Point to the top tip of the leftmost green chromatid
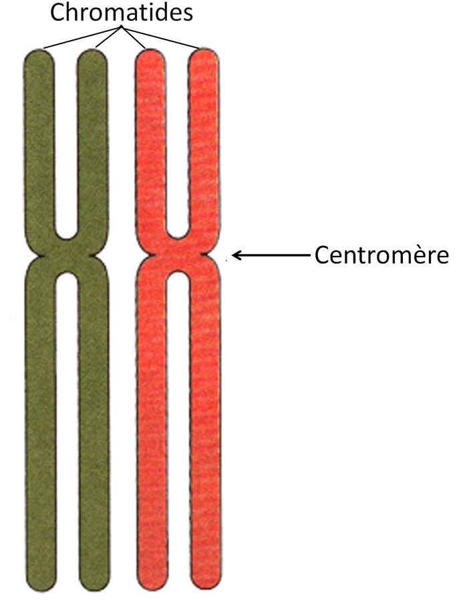pyautogui.click(x=38, y=53)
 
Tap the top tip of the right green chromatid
pyautogui.click(x=92, y=53)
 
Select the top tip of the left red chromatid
pyautogui.click(x=150, y=53)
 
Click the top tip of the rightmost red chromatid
pyautogui.click(x=204, y=53)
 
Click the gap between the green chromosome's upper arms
pyautogui.click(x=65, y=147)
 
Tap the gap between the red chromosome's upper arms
pyautogui.click(x=177, y=147)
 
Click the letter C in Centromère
pyautogui.click(x=321, y=255)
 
